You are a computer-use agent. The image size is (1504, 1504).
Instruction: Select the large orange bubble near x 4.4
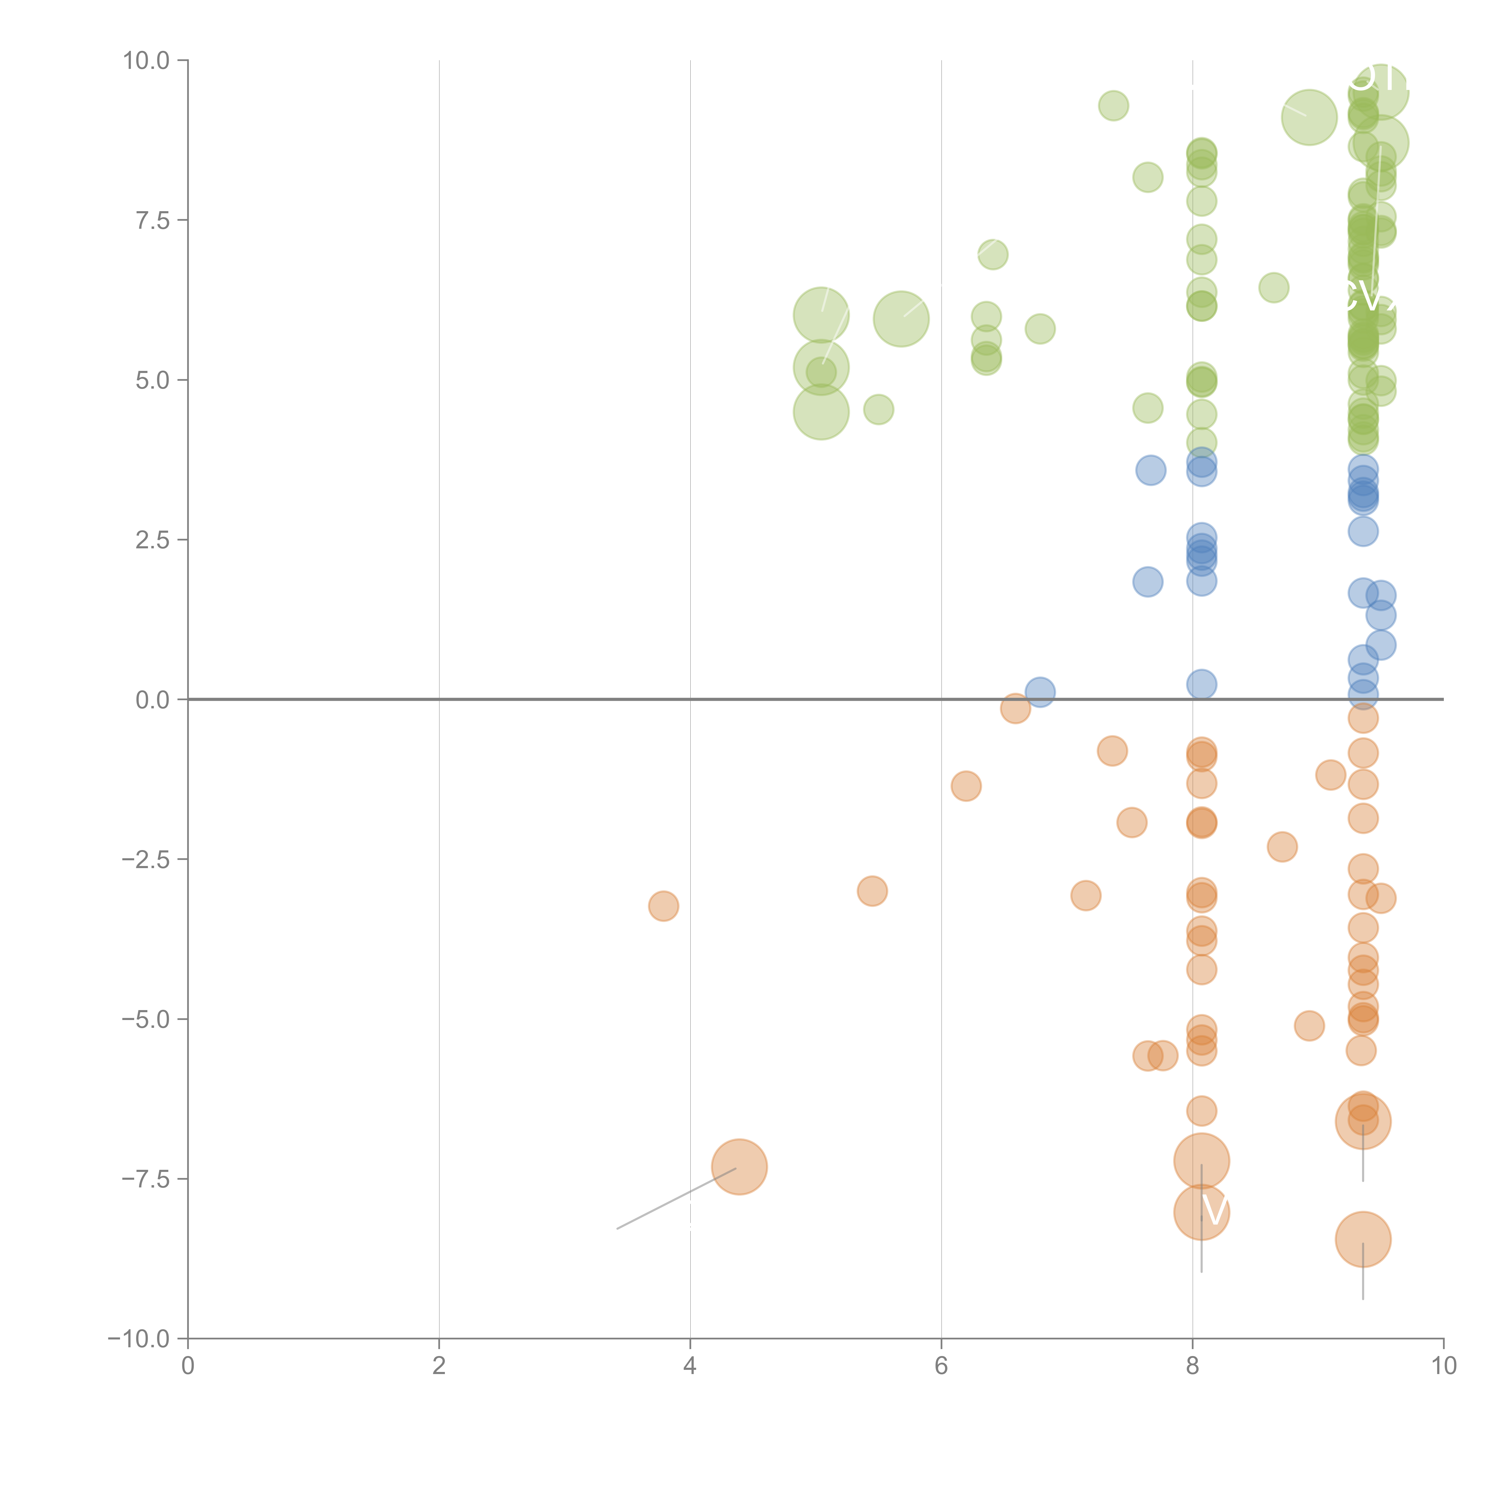pos(740,1166)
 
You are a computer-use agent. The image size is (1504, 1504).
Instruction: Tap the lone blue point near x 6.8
pos(1040,691)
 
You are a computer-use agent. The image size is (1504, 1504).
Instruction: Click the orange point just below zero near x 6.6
pos(1015,708)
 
